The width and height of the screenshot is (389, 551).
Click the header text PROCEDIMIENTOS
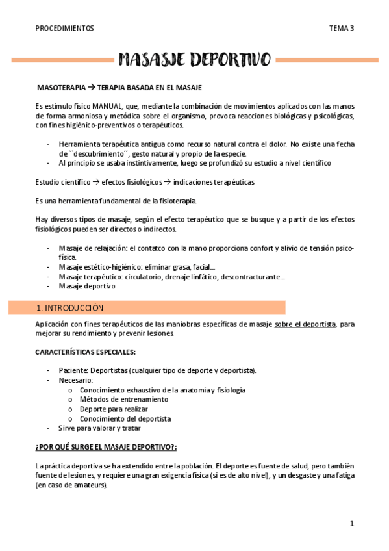64,29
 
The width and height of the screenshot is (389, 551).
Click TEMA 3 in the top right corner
341,29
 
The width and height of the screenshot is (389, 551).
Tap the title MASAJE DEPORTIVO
194,60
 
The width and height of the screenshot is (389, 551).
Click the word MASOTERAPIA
62,86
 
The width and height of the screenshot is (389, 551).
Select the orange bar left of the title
62,60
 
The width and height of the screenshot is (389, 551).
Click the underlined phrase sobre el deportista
305,324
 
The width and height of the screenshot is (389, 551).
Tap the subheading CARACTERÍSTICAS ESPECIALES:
84,352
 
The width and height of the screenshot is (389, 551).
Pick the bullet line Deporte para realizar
114,409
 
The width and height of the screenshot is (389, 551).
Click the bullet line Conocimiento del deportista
125,419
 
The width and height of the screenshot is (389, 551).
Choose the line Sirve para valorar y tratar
99,428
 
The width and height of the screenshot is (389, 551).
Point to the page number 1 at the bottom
352,524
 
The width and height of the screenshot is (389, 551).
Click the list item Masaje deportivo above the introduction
86,286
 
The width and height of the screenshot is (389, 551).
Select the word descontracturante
250,277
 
